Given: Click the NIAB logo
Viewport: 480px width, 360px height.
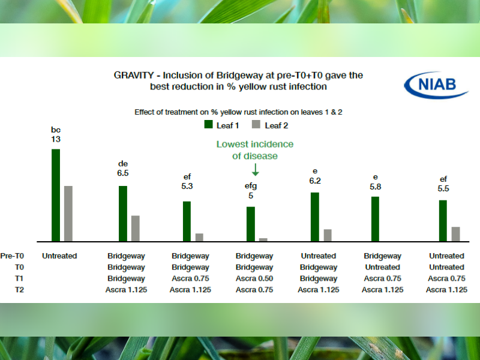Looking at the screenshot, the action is pyautogui.click(x=436, y=85).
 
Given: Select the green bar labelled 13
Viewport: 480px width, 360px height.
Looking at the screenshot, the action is pyautogui.click(x=56, y=196).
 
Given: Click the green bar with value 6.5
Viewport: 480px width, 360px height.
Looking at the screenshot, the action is pyautogui.click(x=123, y=214).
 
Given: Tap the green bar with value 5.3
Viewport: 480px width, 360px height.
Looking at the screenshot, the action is pyautogui.click(x=187, y=221).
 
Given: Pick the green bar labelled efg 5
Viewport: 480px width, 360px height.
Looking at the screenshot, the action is pyautogui.click(x=251, y=224).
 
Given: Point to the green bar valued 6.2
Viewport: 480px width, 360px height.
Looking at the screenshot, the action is pyautogui.click(x=314, y=217).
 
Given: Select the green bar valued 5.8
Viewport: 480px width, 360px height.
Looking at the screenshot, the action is pyautogui.click(x=375, y=219).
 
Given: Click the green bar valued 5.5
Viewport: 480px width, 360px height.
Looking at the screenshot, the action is pyautogui.click(x=443, y=221).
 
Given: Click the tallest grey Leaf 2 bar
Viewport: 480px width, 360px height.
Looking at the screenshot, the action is pyautogui.click(x=68, y=214).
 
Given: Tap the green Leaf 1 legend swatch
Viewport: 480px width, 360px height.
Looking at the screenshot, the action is pyautogui.click(x=208, y=124).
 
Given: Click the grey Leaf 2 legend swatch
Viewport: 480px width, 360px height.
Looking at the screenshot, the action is pyautogui.click(x=256, y=124).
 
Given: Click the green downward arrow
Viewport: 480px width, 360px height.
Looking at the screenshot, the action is pyautogui.click(x=256, y=170).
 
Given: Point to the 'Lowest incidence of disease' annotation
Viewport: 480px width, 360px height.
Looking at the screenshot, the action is pyautogui.click(x=255, y=150).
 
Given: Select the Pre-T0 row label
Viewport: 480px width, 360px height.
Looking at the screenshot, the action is pyautogui.click(x=12, y=256).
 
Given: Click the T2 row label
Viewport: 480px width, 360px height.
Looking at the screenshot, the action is pyautogui.click(x=19, y=290).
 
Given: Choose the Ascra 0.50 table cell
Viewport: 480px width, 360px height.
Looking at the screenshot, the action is pyautogui.click(x=254, y=278).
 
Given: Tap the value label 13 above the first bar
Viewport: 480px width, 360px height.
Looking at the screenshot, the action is pyautogui.click(x=56, y=139).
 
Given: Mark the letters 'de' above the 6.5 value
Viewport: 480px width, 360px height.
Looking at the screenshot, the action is pyautogui.click(x=123, y=164).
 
